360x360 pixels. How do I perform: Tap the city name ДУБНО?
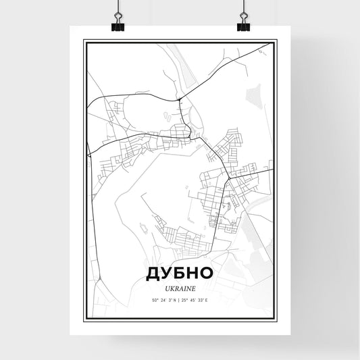coord(180,273)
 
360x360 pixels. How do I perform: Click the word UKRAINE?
coord(180,286)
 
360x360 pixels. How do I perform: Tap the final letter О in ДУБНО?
coord(207,273)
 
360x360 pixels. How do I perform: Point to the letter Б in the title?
coord(180,273)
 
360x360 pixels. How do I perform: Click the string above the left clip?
coord(117,5)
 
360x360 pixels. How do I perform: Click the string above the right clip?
coord(243,5)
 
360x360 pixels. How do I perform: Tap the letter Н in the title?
coord(193,273)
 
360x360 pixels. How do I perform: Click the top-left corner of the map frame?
coord(84,41)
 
